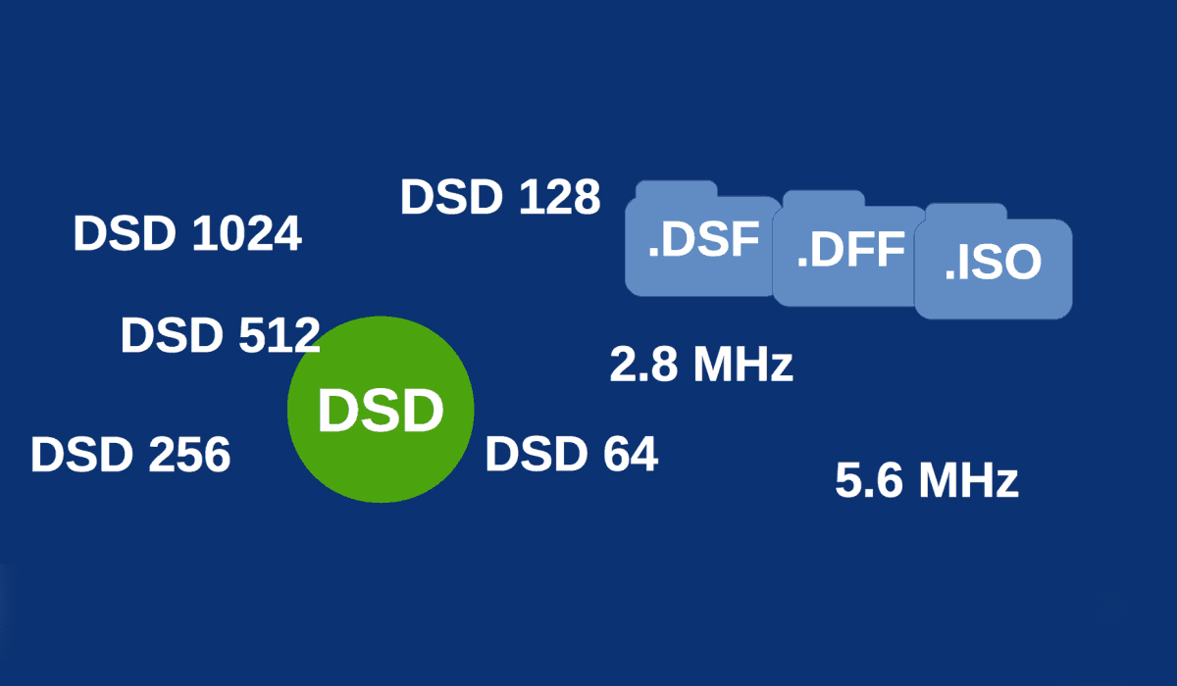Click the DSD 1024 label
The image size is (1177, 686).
tap(187, 234)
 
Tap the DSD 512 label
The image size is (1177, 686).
tap(220, 336)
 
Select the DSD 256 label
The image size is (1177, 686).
tap(130, 455)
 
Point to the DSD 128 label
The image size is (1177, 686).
tap(499, 197)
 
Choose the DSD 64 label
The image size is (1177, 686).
tap(571, 454)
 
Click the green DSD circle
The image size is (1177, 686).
tap(381, 410)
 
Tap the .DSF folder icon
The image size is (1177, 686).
tap(702, 245)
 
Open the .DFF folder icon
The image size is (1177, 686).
tap(849, 253)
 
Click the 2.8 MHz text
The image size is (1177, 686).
tap(700, 365)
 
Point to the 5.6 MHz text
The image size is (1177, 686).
tap(926, 481)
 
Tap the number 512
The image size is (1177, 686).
tap(279, 336)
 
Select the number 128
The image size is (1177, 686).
tap(557, 197)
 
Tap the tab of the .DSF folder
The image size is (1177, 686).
tap(676, 189)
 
